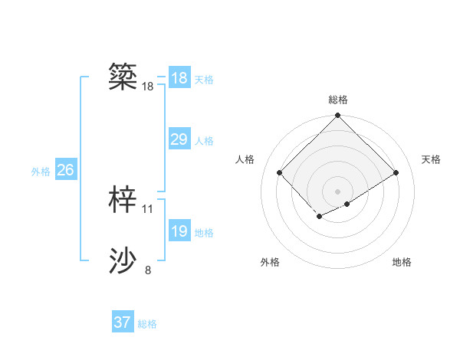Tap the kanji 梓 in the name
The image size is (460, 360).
[123, 199]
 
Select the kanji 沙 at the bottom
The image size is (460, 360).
[123, 261]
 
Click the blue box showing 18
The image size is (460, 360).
[179, 77]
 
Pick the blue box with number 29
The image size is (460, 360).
[179, 139]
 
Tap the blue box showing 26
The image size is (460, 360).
[65, 170]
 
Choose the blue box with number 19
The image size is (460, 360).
[179, 231]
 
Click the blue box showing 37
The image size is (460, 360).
[122, 322]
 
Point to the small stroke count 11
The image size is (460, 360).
[148, 208]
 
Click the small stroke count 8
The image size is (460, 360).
[148, 270]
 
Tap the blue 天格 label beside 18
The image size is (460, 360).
[204, 79]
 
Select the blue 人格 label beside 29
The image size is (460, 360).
[204, 141]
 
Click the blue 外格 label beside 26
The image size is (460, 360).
[41, 172]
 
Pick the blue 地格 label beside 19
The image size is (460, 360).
[204, 233]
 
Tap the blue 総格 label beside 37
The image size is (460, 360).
[147, 324]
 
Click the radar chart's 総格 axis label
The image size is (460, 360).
[338, 100]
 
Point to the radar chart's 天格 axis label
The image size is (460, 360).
[431, 159]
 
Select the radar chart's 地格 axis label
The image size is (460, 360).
[402, 262]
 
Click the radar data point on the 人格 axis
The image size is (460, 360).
[280, 172]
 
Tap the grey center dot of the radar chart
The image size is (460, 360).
[337, 191]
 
